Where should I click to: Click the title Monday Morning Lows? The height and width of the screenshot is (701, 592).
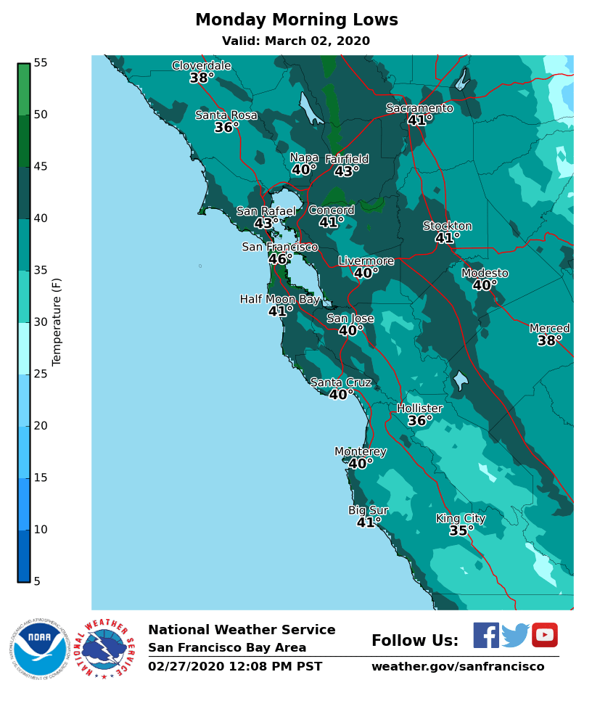[x=296, y=20]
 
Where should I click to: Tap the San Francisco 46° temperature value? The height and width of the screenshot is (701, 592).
[x=280, y=259]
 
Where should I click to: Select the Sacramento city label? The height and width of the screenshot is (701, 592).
[x=419, y=108]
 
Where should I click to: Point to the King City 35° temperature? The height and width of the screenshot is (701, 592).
[x=461, y=531]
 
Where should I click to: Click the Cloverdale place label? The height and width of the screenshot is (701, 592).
[x=201, y=66]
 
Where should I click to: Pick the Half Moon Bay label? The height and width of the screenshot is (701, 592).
[x=279, y=299]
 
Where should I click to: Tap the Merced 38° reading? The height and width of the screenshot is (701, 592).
[x=549, y=341]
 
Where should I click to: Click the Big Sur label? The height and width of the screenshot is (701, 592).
[x=368, y=510]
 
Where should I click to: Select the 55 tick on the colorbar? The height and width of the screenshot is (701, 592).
[x=41, y=63]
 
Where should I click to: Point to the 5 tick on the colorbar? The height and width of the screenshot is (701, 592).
[x=37, y=581]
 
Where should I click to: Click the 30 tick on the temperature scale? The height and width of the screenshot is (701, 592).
[x=41, y=322]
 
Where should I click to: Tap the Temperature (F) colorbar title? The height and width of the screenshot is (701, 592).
[x=57, y=321]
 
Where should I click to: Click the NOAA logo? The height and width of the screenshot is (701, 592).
[x=38, y=647]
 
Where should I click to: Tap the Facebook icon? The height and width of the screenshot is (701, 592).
[x=486, y=635]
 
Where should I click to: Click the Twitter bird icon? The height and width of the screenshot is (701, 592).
[x=515, y=635]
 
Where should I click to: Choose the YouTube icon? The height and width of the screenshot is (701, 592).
[x=545, y=635]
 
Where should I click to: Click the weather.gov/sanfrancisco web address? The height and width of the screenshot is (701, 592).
[x=457, y=667]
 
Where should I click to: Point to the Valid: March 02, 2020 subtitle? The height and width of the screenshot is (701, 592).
[x=296, y=41]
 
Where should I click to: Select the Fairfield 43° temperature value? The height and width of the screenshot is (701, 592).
[x=347, y=172]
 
